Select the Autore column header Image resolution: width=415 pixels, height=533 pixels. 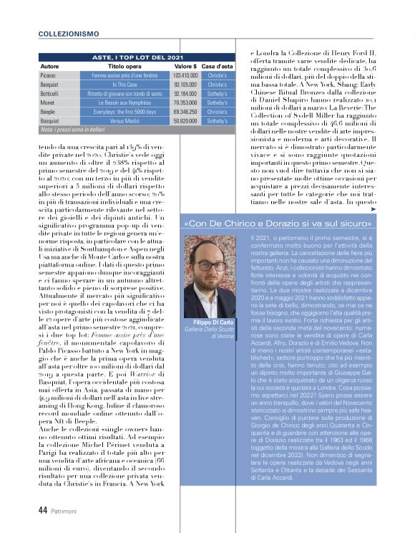[49, 66]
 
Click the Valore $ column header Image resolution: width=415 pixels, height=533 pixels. [185, 66]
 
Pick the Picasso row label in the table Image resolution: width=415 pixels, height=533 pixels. [49, 75]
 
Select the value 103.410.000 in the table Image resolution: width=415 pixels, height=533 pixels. [185, 75]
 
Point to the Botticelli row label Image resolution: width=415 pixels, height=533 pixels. [51, 94]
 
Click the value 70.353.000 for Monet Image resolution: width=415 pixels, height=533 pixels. [185, 103]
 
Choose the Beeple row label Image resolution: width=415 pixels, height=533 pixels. [49, 112]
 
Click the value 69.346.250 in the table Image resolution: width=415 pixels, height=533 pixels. [185, 112]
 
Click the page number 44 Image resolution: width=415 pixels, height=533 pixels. [42, 510]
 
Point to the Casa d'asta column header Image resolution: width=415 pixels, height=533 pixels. [217, 66]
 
